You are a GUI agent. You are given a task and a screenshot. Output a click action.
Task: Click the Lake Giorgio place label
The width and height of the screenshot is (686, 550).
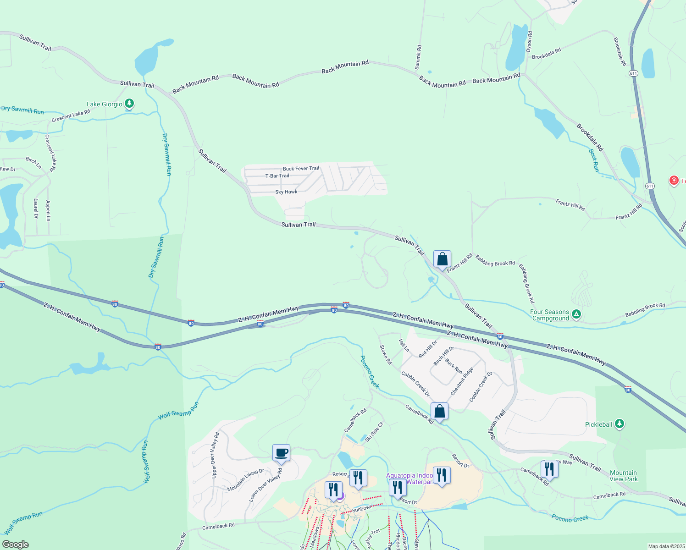pos(105,104)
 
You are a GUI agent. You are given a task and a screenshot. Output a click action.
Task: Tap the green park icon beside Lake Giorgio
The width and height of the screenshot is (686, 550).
pos(129,104)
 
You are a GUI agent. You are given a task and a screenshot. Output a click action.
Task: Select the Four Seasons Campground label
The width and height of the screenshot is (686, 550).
pos(549,315)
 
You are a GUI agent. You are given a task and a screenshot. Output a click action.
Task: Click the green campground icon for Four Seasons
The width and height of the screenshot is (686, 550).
pos(576,314)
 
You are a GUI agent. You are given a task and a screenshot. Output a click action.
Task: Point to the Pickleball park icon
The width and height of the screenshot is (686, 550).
pos(619,424)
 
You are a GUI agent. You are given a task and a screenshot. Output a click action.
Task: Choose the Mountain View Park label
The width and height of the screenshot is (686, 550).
pos(624,476)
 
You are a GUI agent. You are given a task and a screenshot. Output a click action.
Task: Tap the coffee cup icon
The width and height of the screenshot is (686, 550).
pos(281,453)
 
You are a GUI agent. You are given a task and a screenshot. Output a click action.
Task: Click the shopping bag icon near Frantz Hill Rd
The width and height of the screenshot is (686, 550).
pos(442,259)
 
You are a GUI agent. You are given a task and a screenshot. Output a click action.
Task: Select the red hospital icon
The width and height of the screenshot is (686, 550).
pos(674,180)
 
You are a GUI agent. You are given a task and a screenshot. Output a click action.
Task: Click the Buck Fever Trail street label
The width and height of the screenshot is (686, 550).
pos(301,168)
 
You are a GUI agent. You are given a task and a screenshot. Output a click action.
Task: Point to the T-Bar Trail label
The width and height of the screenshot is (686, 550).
pos(277,176)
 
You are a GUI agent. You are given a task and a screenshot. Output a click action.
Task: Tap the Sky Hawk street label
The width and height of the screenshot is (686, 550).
pos(286,192)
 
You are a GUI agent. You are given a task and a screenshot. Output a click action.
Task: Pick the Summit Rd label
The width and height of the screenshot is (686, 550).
pos(418,57)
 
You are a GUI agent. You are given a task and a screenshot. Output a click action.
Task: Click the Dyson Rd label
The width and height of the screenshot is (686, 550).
pos(529,41)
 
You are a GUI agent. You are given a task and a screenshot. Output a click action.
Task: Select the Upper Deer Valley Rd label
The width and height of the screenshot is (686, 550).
pos(214,455)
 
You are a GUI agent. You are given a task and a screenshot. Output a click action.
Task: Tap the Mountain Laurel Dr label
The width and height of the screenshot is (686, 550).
pos(245,480)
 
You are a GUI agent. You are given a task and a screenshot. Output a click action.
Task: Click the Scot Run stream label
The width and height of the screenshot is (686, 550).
pos(594,160)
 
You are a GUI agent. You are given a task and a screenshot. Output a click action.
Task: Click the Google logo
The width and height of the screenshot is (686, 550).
pos(16,544)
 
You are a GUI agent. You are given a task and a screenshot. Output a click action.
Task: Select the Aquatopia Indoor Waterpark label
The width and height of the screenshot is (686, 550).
pos(409,478)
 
